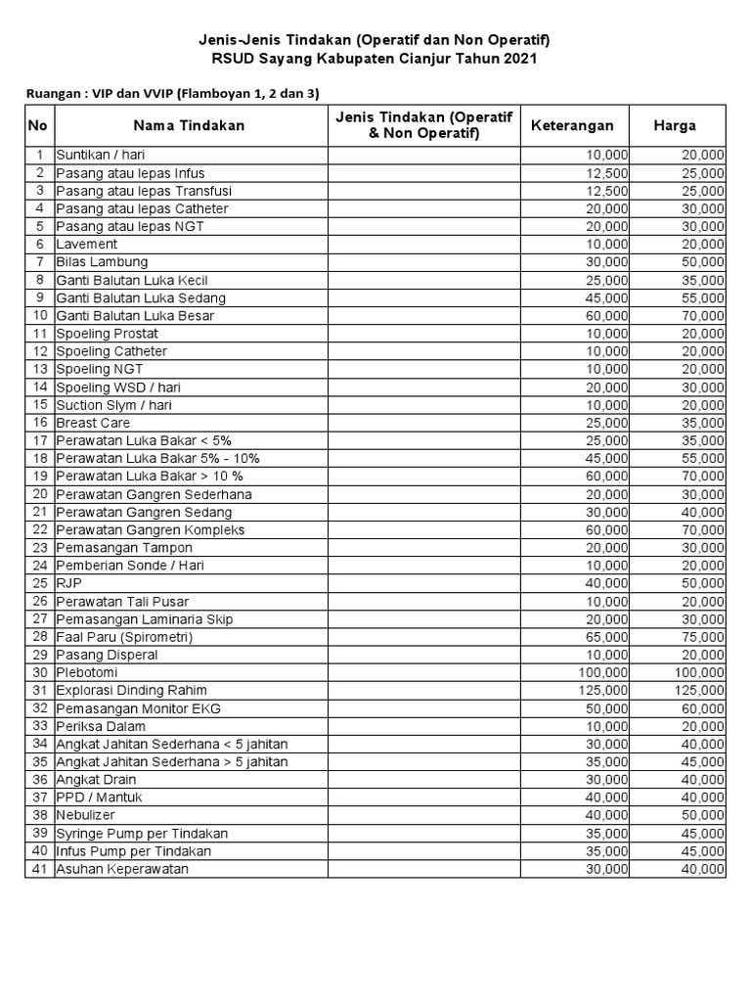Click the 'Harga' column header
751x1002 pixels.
675,125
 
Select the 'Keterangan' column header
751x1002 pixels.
572,125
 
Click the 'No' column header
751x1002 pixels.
38,125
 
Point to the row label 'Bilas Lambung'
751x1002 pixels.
102,262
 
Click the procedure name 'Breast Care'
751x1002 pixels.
93,423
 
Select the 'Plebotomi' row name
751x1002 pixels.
88,672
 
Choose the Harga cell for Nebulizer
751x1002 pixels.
703,815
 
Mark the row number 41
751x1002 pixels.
39,869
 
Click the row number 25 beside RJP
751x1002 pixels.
39,583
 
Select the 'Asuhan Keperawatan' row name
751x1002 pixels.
122,869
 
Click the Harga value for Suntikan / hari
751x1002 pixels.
703,155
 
